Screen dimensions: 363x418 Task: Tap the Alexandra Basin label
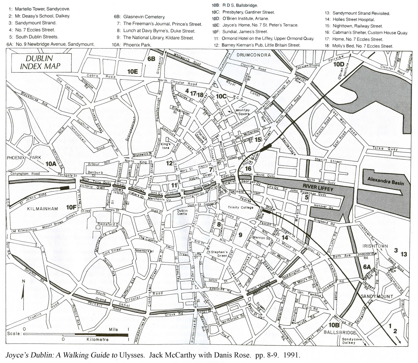(x=385, y=181)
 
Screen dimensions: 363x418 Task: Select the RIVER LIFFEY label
(x=318, y=187)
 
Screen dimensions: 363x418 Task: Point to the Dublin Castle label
(x=182, y=212)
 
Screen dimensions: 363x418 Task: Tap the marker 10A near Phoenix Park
(x=51, y=164)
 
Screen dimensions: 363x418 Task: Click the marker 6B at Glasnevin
(x=151, y=59)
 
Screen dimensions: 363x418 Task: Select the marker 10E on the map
(x=132, y=71)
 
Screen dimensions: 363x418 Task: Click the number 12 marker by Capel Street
(x=169, y=163)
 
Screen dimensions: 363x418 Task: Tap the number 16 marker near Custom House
(x=248, y=169)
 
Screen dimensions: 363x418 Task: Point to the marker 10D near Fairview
(x=339, y=64)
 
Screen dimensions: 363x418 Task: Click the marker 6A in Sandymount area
(x=367, y=267)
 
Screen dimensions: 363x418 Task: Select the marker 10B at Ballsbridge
(x=334, y=325)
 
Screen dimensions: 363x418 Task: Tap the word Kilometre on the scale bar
(x=97, y=340)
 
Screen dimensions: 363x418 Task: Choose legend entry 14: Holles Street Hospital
(x=350, y=19)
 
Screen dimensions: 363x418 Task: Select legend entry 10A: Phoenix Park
(x=131, y=45)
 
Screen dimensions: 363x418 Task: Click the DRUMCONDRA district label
(x=253, y=55)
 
